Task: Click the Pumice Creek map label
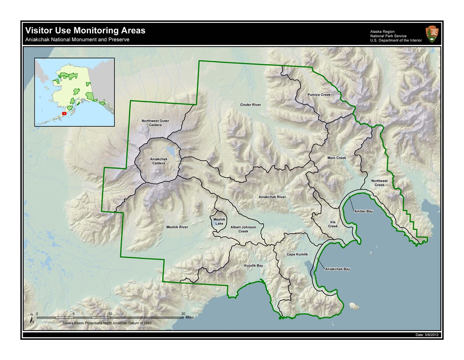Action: point(319,95)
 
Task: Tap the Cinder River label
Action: point(251,105)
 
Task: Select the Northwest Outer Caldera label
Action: point(155,123)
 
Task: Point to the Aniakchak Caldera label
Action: point(157,161)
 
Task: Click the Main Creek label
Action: point(336,158)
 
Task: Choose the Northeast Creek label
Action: point(379,183)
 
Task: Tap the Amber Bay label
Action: point(363,211)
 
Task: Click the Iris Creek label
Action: point(333,224)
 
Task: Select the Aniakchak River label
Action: point(272,197)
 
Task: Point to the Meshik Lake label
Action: point(219,222)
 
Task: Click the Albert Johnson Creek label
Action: point(243,229)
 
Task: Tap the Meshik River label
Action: point(177,227)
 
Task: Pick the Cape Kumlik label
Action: point(297,254)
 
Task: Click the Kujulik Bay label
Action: point(253,266)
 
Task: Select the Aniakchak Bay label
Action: point(337,269)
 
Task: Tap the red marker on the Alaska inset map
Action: point(64,114)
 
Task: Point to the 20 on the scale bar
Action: point(183,314)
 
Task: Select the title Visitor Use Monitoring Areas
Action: point(85,31)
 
